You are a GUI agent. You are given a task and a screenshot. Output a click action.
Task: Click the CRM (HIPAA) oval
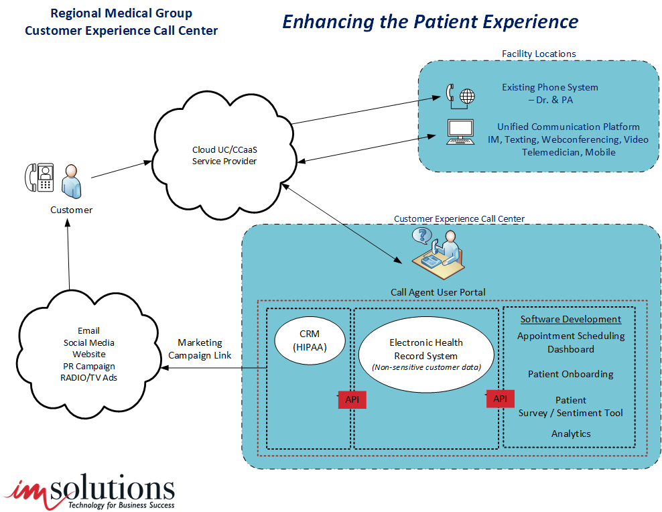pyautogui.click(x=310, y=340)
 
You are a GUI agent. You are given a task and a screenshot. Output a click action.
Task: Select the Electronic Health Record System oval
pyautogui.click(x=426, y=355)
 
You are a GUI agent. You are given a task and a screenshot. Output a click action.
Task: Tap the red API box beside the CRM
pyautogui.click(x=352, y=400)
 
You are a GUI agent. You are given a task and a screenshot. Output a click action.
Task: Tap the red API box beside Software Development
pyautogui.click(x=500, y=399)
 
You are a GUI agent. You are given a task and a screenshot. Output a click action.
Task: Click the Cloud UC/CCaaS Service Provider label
pyautogui.click(x=224, y=155)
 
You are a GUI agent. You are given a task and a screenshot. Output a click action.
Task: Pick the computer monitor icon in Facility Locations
pyautogui.click(x=460, y=132)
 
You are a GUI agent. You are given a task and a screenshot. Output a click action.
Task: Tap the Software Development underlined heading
pyautogui.click(x=571, y=319)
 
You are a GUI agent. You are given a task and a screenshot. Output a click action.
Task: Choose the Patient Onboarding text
pyautogui.click(x=571, y=374)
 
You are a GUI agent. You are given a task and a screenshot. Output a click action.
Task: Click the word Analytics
pyautogui.click(x=571, y=434)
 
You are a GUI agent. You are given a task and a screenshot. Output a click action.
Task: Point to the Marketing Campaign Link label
pyautogui.click(x=200, y=348)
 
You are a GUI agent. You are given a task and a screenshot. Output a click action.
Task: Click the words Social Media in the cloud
pyautogui.click(x=88, y=342)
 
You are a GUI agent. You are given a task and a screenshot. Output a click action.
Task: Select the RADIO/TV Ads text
pyautogui.click(x=88, y=378)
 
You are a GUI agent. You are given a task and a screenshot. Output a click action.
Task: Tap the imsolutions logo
pyautogui.click(x=90, y=491)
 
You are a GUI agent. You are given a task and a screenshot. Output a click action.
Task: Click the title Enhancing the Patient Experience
pyautogui.click(x=429, y=21)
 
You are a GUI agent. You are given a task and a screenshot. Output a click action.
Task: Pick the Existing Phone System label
pyautogui.click(x=550, y=87)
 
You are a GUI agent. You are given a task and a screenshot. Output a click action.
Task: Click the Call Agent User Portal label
pyautogui.click(x=438, y=292)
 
